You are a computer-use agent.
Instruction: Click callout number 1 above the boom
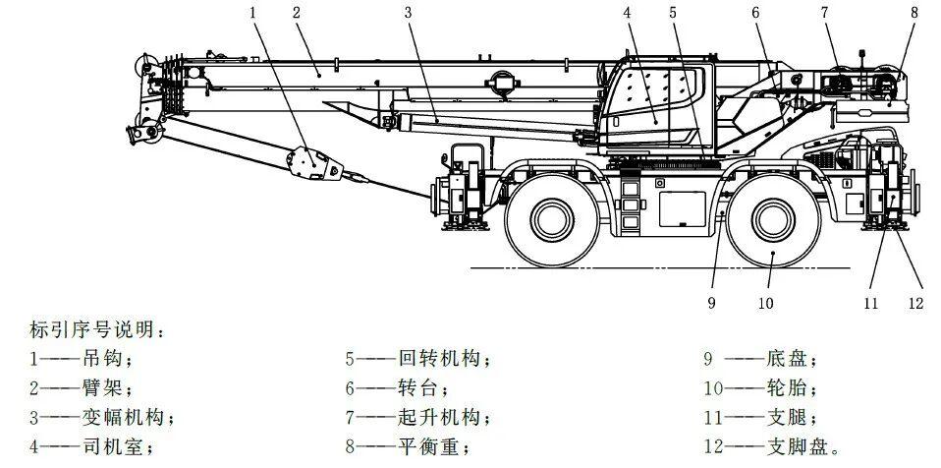tap(253, 13)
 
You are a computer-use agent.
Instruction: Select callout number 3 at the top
tap(408, 13)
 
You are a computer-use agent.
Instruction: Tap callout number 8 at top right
tap(914, 13)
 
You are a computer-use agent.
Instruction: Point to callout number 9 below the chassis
tap(712, 304)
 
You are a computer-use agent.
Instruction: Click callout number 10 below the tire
tap(766, 304)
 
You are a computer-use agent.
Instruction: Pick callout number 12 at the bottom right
tap(915, 304)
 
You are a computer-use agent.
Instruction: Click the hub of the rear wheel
tap(552, 220)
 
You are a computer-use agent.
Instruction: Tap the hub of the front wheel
tap(773, 220)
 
